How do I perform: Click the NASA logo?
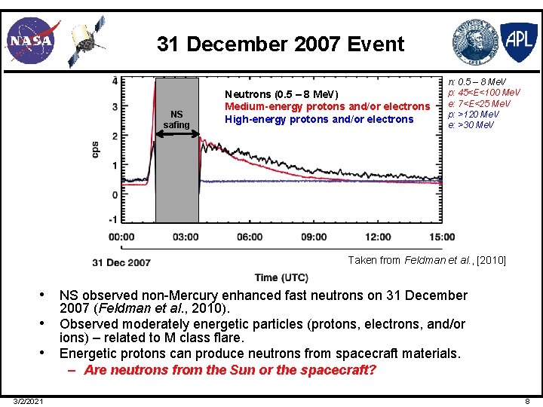(30, 40)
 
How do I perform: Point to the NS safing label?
(176, 119)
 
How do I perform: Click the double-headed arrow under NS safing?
(177, 134)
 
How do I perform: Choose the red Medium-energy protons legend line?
(327, 106)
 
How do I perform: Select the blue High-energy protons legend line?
(319, 119)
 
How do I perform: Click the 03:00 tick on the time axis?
(186, 237)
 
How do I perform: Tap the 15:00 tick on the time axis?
(441, 237)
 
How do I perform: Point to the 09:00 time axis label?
(314, 237)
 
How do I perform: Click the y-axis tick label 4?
(115, 80)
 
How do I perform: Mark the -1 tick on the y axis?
(113, 220)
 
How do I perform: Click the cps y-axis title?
(96, 149)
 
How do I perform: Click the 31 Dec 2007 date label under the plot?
(121, 262)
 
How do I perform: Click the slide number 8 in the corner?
(527, 401)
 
